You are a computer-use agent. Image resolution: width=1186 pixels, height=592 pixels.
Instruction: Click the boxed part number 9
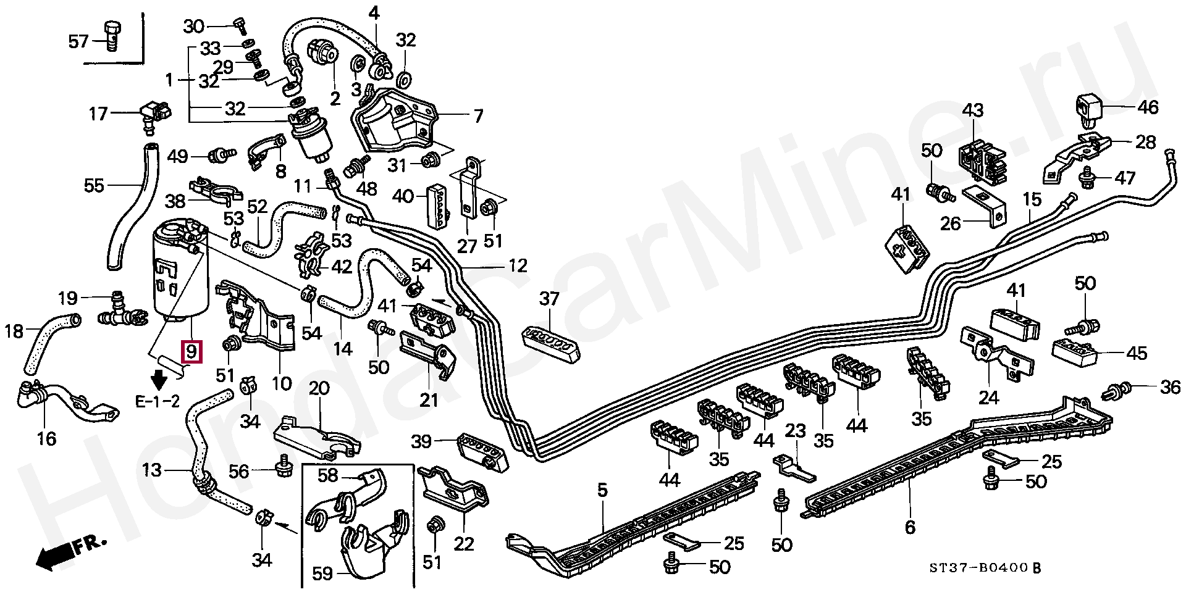191,352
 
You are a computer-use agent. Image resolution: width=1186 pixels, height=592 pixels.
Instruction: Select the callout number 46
1148,107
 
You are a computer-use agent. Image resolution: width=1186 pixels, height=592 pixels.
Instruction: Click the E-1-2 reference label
158,402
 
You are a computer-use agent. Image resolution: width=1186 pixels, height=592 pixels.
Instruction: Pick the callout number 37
549,299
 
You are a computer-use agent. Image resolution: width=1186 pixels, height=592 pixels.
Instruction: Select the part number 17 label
98,114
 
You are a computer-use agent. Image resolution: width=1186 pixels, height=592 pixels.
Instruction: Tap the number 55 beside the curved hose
94,185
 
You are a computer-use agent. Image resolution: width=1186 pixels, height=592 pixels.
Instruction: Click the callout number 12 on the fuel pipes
518,265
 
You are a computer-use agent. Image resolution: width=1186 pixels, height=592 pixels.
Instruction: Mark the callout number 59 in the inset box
322,573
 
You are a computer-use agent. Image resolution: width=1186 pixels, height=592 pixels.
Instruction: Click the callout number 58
328,475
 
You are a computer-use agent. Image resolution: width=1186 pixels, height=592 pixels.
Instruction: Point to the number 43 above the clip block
973,110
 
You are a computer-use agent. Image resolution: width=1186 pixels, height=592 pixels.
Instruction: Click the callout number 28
1145,142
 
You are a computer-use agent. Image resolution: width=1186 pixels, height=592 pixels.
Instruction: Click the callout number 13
151,470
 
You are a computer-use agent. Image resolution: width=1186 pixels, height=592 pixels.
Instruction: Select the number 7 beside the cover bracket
478,115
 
